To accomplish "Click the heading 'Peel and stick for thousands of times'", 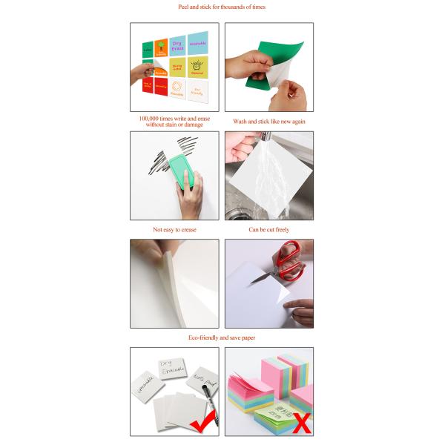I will pyautogui.click(x=222, y=7).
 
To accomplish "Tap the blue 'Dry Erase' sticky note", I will pyautogui.click(x=177, y=45).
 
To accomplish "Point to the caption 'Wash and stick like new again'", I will pyautogui.click(x=269, y=121).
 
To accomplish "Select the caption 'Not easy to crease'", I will pyautogui.click(x=174, y=230).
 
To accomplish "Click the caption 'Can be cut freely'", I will pyautogui.click(x=269, y=230).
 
